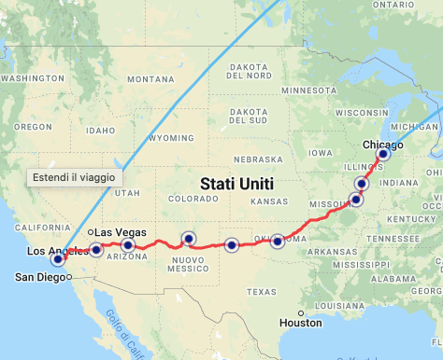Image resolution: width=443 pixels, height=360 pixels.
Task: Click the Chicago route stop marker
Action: [x=382, y=154]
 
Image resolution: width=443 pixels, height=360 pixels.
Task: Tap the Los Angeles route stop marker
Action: [x=58, y=259]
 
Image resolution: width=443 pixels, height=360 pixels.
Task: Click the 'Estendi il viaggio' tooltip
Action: [x=74, y=176]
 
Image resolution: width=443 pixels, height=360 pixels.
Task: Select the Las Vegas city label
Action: [x=120, y=231]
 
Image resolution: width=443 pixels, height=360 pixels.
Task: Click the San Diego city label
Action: [x=40, y=277]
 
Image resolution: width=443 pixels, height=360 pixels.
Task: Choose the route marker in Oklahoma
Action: [x=278, y=242]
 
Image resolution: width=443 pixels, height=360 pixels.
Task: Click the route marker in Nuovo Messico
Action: [x=188, y=239]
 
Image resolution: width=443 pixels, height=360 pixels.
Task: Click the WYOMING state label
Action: [x=170, y=137]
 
